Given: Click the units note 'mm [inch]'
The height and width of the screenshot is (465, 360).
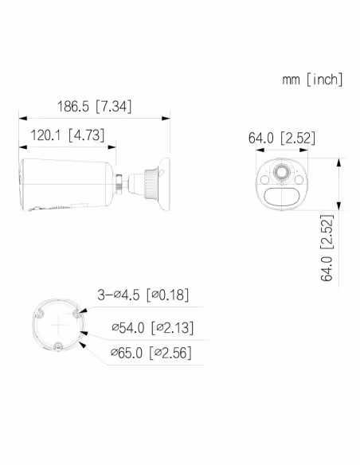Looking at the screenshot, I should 312,79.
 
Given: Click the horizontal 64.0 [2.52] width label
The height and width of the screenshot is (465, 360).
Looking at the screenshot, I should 281,139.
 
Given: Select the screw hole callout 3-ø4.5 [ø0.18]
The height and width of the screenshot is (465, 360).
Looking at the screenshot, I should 143,295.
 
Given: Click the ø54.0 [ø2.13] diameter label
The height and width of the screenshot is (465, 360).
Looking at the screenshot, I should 152,327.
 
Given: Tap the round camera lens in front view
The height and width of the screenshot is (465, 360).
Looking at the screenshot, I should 282,172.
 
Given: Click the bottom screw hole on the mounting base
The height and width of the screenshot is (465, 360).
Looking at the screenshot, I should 59,345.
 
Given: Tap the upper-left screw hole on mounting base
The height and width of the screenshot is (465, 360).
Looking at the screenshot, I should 37,314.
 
